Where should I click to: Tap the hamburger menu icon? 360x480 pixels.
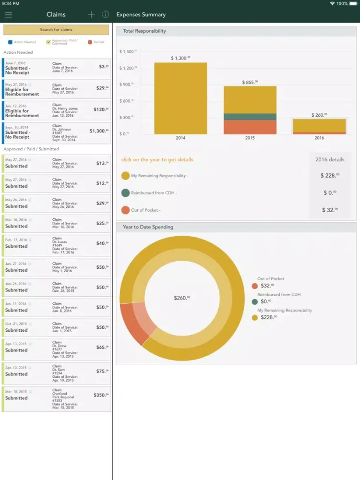[8, 15]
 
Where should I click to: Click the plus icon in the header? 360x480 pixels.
[91, 15]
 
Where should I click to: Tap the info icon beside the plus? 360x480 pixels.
[105, 15]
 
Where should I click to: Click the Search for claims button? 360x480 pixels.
[56, 30]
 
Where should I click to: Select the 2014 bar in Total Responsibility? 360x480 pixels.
[180, 98]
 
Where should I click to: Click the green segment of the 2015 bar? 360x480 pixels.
[250, 117]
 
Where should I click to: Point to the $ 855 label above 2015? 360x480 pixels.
[250, 82]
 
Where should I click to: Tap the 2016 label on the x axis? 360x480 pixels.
[319, 138]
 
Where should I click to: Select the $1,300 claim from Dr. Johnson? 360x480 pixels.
[56, 133]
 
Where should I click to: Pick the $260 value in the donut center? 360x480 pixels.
[181, 298]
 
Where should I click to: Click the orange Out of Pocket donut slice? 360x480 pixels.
[133, 323]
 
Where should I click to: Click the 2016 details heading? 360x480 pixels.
[329, 160]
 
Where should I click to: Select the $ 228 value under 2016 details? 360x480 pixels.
[329, 176]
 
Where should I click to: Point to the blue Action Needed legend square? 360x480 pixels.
[11, 42]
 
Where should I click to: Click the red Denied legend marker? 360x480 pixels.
[90, 42]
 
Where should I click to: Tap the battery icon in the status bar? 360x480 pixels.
[353, 3]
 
